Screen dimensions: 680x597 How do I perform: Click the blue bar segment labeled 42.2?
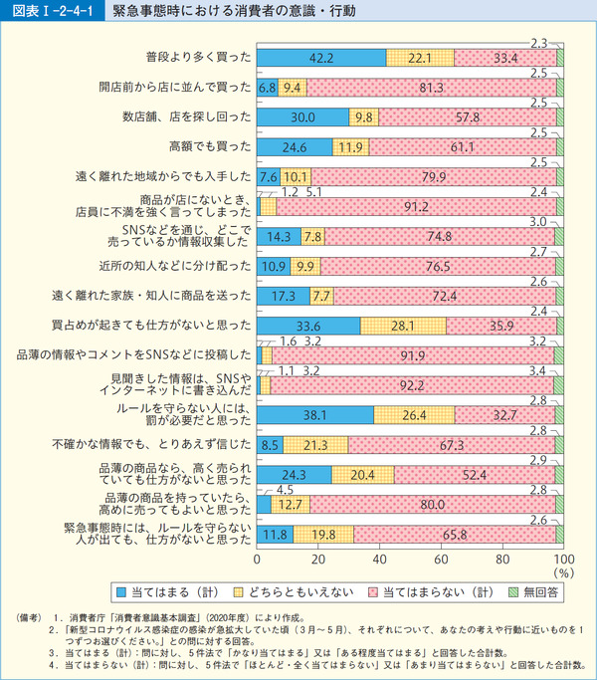coord(321,59)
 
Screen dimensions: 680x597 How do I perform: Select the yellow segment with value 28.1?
coord(403,326)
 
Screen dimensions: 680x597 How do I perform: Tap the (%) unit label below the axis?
coord(564,573)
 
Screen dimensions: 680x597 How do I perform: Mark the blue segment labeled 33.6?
coord(308,326)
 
